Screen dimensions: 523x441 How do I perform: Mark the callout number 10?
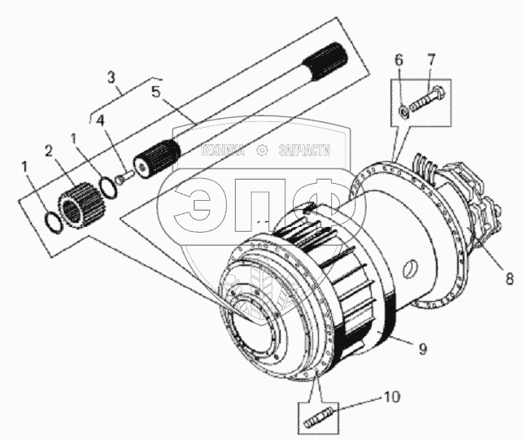tap(391, 399)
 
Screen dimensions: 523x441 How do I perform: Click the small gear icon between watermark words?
tap(262, 150)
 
